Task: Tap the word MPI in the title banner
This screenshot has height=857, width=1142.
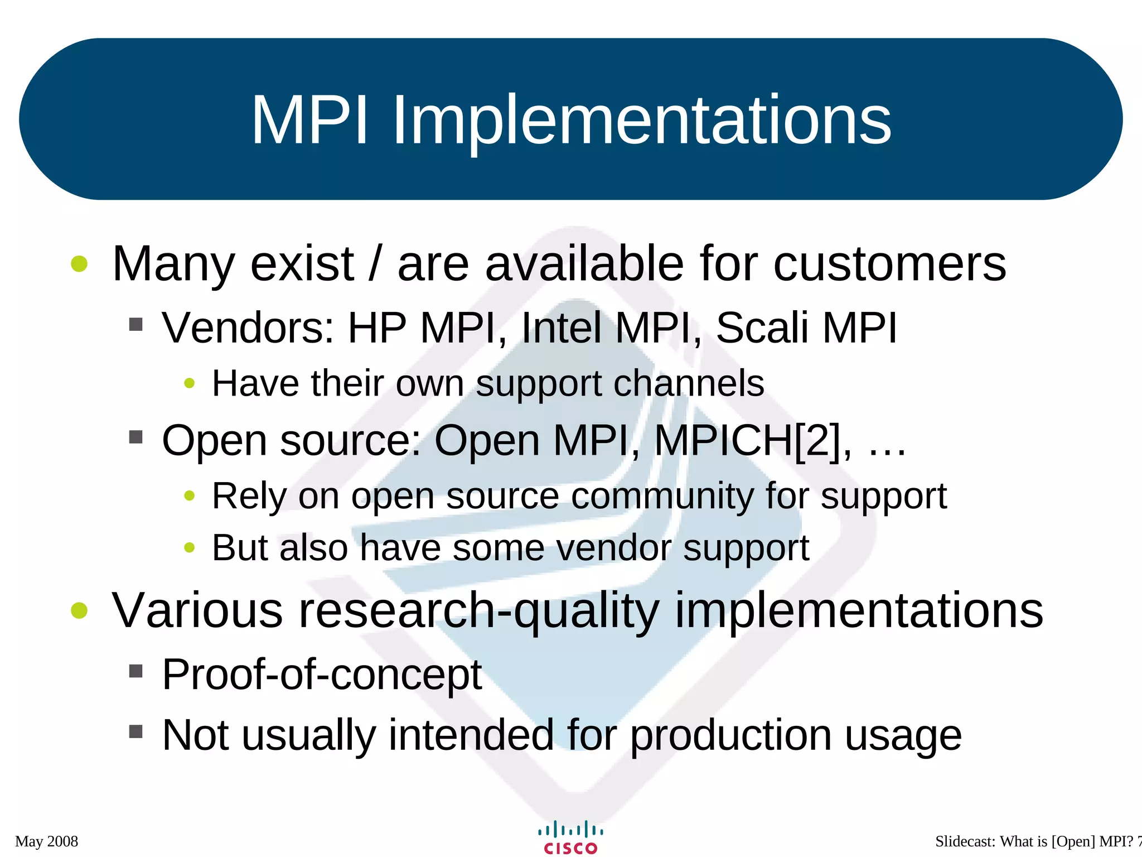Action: pyautogui.click(x=310, y=121)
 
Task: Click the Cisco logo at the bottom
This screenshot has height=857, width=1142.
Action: pyautogui.click(x=570, y=837)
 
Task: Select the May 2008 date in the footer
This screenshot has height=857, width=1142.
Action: pyautogui.click(x=46, y=841)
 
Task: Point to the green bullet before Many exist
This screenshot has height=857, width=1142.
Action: pyautogui.click(x=80, y=264)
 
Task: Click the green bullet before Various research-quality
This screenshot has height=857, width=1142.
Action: pyautogui.click(x=80, y=610)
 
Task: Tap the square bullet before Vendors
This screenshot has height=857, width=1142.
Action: pyautogui.click(x=136, y=324)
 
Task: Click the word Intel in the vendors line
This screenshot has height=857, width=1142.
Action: pyautogui.click(x=561, y=328)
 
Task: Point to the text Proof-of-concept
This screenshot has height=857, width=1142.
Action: pyautogui.click(x=322, y=675)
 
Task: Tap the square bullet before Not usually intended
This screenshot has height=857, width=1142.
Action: pyautogui.click(x=136, y=731)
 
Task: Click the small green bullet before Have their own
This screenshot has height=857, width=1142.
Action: pyautogui.click(x=190, y=383)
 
